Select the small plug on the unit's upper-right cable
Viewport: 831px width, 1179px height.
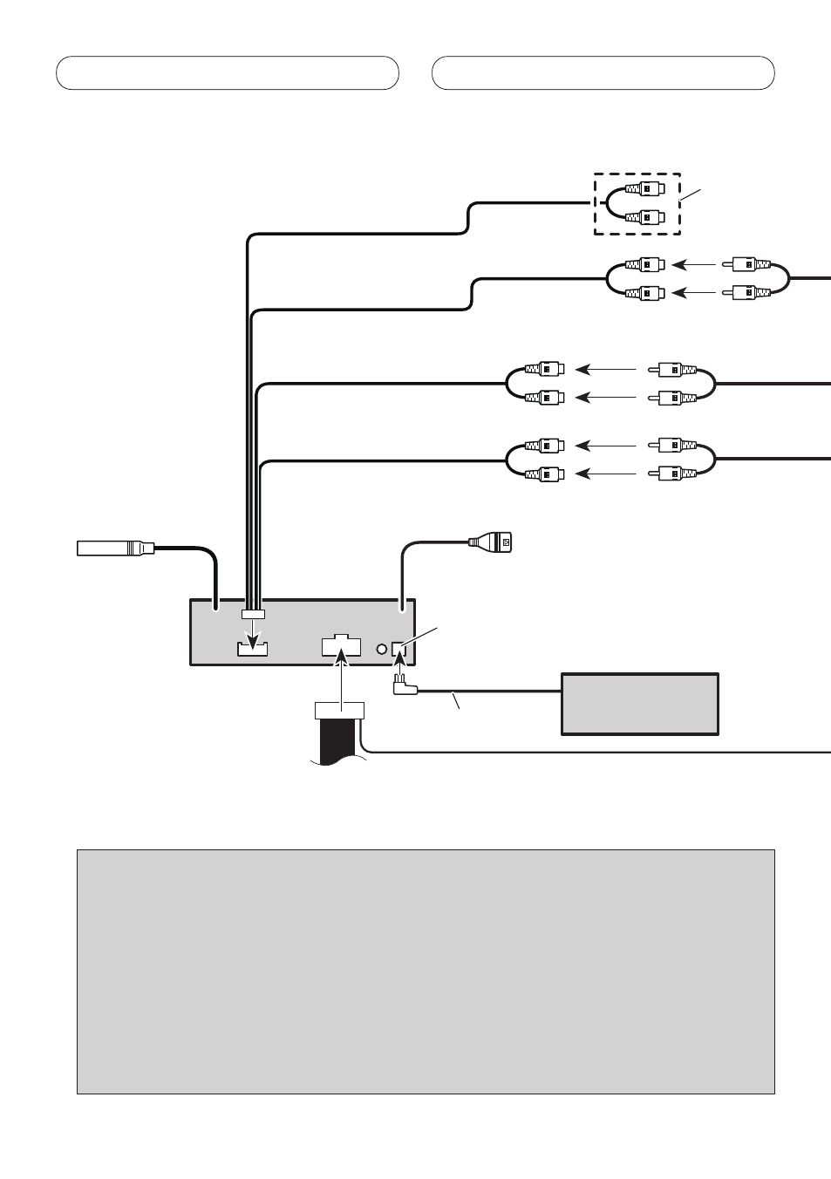[x=493, y=542]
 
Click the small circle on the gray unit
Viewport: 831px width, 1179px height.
[x=381, y=649]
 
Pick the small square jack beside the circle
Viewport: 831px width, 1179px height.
[x=399, y=649]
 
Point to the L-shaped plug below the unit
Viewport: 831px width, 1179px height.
[x=404, y=687]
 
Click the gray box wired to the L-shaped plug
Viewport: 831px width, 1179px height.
[x=640, y=704]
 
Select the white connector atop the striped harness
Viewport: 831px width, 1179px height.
[x=340, y=711]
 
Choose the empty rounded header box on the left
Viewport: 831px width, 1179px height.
[x=228, y=73]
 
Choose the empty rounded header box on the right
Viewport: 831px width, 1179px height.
[x=603, y=73]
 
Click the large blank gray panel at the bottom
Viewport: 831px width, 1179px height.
[x=426, y=971]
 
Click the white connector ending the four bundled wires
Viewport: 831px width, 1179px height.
[x=254, y=615]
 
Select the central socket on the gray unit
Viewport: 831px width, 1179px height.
[x=341, y=646]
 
